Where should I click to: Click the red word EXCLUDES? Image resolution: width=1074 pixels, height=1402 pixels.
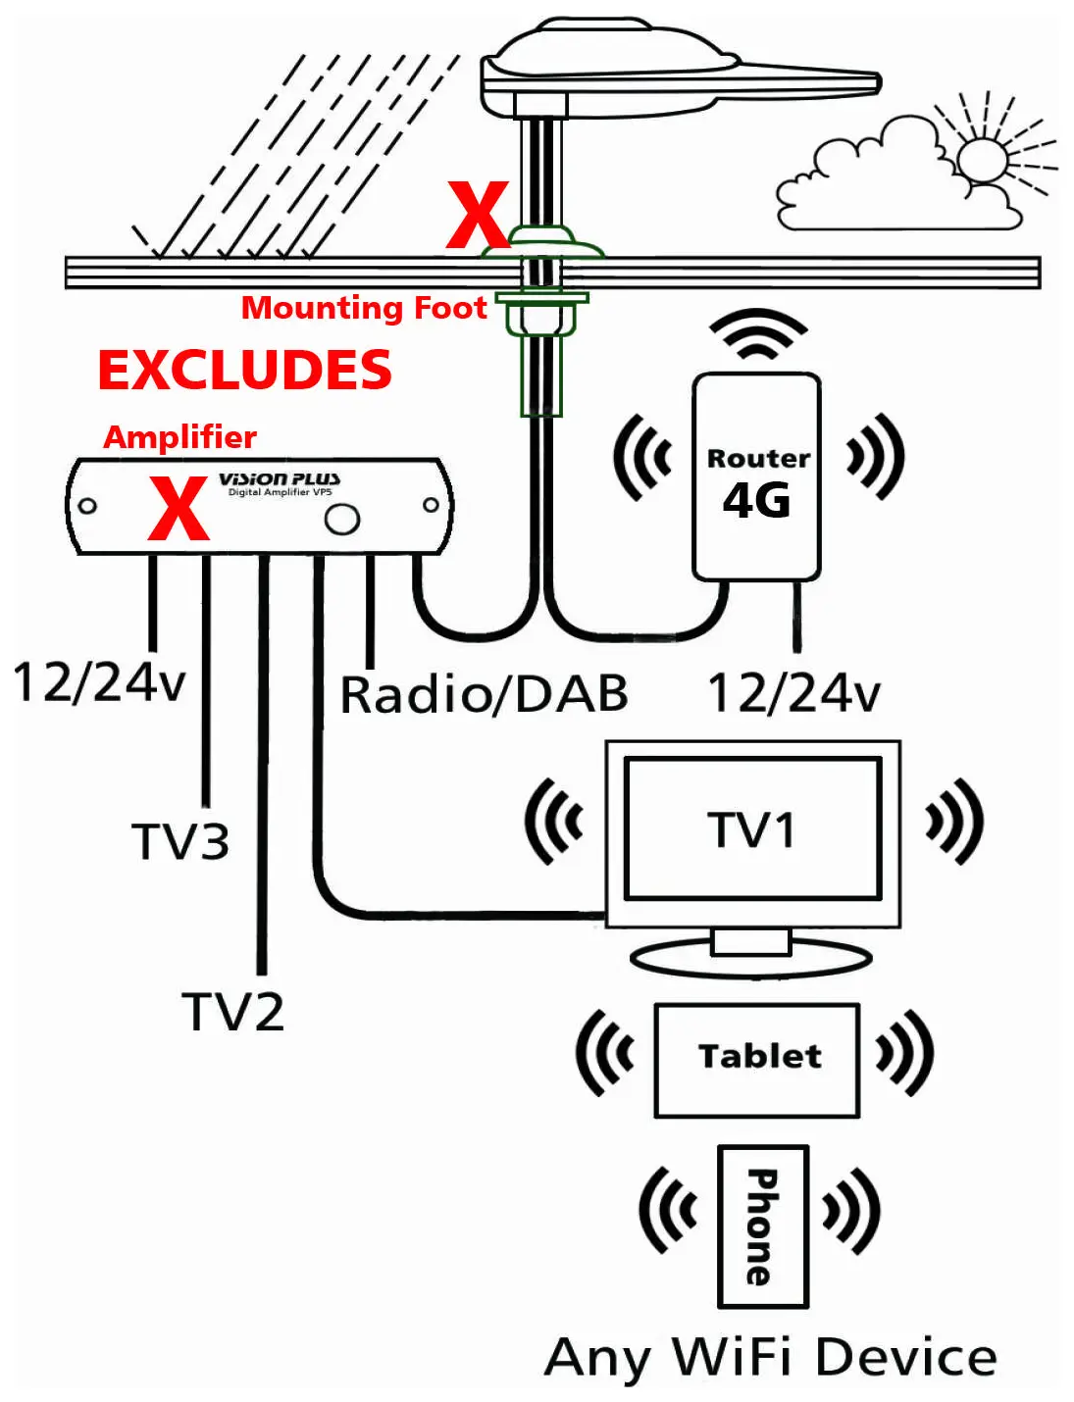tap(244, 371)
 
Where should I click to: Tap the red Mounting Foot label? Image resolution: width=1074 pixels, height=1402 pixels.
tap(364, 308)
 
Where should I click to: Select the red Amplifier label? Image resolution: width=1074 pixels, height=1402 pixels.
tap(179, 437)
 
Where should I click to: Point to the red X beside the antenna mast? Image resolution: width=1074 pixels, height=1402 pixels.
tap(478, 215)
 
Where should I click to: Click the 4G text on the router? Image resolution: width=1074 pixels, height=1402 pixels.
tap(756, 501)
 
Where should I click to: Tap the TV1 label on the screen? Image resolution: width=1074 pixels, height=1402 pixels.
tap(751, 829)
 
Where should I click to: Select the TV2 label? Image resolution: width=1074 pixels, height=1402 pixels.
tap(233, 1012)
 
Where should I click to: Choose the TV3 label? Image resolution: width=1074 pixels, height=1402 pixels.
tap(180, 841)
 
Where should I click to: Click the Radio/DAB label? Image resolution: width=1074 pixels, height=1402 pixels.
tap(484, 694)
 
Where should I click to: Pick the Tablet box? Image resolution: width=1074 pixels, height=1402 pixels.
tap(757, 1060)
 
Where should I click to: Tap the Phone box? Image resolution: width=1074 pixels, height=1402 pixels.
tap(763, 1226)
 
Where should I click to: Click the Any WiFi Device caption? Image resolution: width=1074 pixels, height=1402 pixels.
tap(771, 1359)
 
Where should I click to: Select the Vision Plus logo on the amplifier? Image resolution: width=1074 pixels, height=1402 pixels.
tap(280, 479)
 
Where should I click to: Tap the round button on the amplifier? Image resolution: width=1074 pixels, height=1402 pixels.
tap(342, 519)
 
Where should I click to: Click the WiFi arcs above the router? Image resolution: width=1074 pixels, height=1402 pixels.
tap(757, 334)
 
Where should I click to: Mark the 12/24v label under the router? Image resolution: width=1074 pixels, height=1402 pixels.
tap(793, 693)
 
